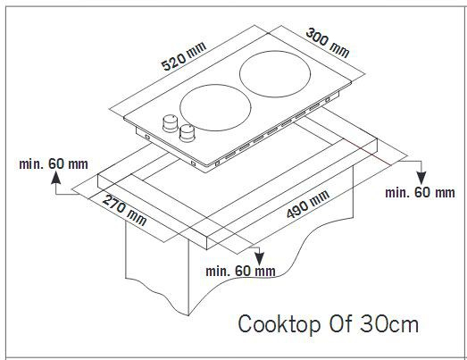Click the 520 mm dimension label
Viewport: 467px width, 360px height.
coord(184,56)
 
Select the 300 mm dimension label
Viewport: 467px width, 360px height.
coord(328,43)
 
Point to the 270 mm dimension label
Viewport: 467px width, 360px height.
coord(124,210)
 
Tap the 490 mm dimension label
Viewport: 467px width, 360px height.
coord(308,205)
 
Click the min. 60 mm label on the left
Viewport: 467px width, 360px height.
coord(54,163)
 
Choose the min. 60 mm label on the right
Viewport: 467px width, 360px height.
coord(420,193)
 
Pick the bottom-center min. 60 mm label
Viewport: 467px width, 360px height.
coord(241,272)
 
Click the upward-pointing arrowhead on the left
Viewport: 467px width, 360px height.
coord(56,178)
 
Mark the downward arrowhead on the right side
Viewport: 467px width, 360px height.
coord(421,178)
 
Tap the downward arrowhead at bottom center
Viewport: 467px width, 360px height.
coord(260,259)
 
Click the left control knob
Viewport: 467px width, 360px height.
coord(171,123)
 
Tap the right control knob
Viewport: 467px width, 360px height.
coord(187,132)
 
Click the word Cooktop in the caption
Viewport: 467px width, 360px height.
coord(279,324)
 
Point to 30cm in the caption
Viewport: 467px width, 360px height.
coord(389,323)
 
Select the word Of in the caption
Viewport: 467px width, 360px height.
coord(340,323)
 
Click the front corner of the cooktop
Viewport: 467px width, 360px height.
coord(205,172)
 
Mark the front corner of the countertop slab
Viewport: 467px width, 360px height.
coord(206,249)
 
